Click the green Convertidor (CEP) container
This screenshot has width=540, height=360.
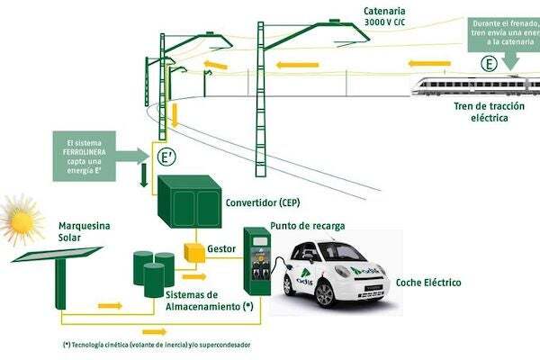191,203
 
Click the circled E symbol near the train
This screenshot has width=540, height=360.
489,64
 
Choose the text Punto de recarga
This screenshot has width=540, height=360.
306,224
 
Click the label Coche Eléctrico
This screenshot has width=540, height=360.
428,283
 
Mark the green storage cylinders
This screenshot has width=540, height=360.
153,271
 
